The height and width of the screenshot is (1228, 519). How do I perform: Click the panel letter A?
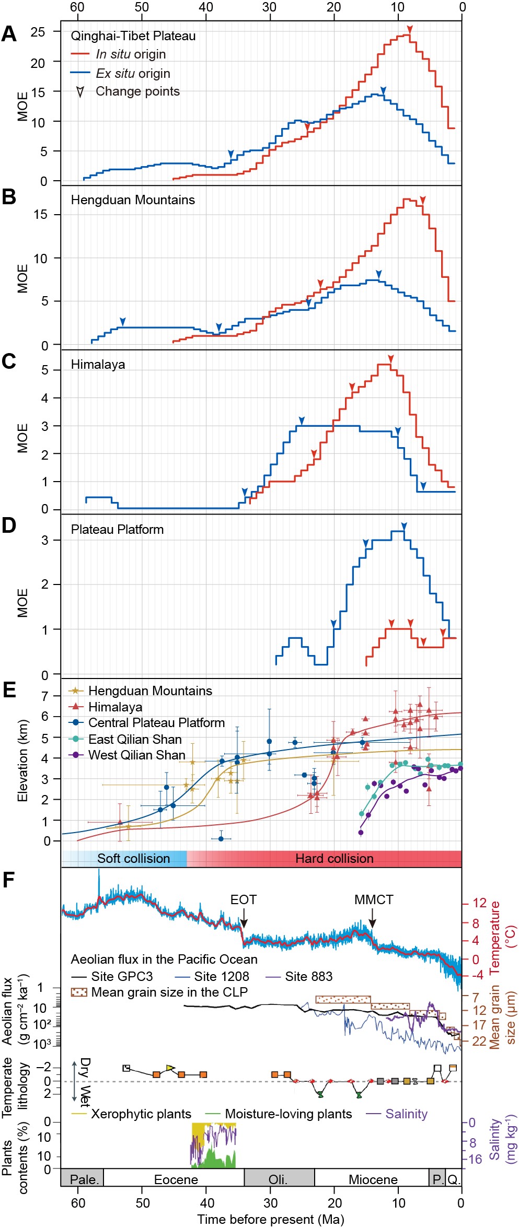tap(9, 34)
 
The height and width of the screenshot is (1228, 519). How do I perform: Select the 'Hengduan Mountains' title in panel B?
tap(133, 200)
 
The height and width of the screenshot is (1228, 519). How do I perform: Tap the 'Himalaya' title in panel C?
tap(98, 365)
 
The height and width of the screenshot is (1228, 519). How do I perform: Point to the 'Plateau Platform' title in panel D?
tap(117, 530)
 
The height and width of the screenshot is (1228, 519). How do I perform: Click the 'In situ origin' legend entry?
tap(131, 54)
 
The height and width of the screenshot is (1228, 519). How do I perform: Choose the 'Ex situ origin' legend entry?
tap(133, 74)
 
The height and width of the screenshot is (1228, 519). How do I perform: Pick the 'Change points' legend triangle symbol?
tap(80, 92)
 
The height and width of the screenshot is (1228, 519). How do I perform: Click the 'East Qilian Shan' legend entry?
tap(135, 740)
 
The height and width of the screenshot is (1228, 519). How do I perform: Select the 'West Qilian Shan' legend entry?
tap(136, 755)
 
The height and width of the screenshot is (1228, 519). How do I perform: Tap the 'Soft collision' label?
tap(133, 859)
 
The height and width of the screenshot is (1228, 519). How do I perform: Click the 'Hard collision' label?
tap(334, 859)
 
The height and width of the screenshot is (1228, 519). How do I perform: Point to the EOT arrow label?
tap(244, 900)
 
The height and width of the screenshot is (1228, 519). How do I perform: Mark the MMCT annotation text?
tap(374, 900)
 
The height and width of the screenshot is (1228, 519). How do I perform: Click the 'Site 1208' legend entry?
tap(222, 977)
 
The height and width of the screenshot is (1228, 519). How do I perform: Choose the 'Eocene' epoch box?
tap(176, 1179)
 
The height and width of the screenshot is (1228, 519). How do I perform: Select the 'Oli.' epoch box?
tap(278, 1179)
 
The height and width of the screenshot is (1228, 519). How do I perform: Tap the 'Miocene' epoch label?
tap(373, 1179)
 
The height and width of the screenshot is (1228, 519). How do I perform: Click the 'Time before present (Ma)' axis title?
tap(270, 1220)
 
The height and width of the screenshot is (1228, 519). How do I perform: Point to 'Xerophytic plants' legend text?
tap(141, 1114)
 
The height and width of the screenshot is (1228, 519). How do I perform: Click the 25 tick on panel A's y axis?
tap(38, 32)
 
